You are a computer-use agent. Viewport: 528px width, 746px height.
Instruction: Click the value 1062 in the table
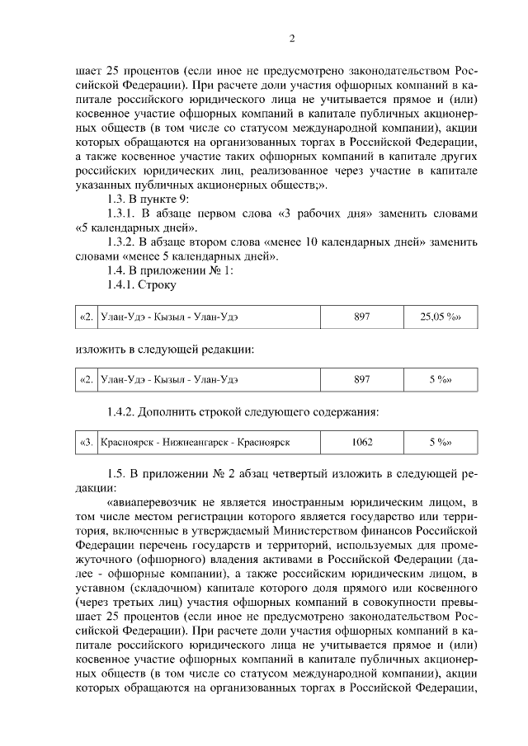point(361,443)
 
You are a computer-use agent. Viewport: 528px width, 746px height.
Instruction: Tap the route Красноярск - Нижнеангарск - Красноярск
point(195,443)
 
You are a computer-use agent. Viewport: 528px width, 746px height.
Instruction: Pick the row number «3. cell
point(86,443)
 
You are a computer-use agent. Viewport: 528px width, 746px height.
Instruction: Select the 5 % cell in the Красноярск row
point(439,443)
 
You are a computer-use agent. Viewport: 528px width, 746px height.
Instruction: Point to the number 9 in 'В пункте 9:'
point(186,199)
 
